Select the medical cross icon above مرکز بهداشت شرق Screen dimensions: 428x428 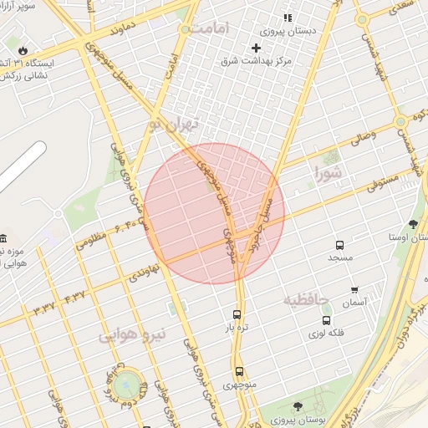257,48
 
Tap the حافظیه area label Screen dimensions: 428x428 307,298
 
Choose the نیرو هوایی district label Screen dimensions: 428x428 133,336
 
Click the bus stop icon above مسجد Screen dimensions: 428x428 339,245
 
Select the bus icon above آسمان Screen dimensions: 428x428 327,295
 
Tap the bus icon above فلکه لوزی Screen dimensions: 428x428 326,319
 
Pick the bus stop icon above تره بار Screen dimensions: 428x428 237,315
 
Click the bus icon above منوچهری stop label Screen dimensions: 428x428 239,371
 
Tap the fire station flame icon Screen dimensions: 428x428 23,50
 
